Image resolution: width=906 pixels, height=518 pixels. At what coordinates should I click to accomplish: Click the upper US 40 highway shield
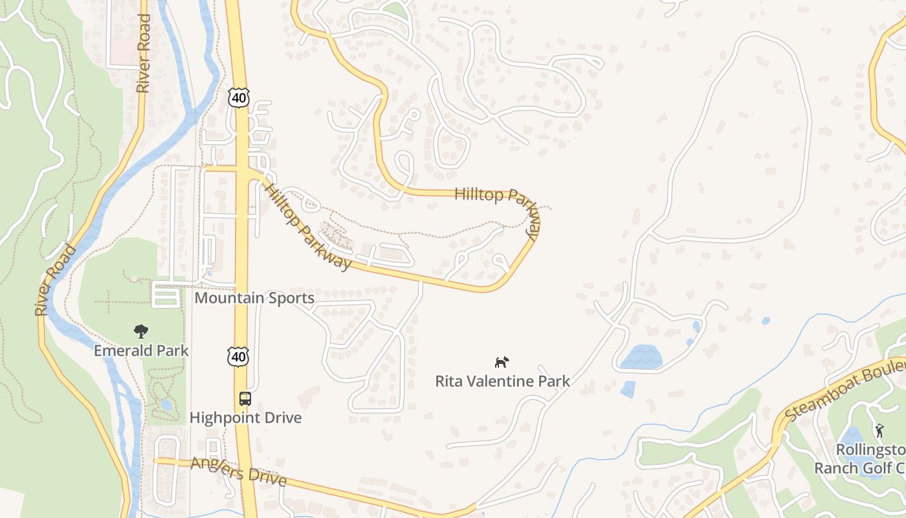click(x=238, y=98)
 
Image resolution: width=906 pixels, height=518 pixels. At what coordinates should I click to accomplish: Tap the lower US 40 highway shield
click(x=238, y=356)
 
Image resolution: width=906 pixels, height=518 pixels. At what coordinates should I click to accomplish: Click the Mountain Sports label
click(x=254, y=298)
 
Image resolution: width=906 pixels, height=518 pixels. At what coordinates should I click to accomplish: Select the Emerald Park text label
click(x=141, y=351)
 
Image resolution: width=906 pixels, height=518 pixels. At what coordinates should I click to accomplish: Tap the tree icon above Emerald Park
click(x=140, y=332)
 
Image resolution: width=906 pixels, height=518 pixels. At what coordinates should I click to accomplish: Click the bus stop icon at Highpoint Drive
click(x=245, y=399)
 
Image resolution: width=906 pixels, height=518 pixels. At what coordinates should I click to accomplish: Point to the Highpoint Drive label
click(x=245, y=418)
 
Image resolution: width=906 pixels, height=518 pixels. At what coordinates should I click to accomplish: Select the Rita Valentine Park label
click(x=502, y=381)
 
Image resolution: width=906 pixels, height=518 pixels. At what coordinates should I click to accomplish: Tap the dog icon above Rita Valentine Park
click(x=502, y=362)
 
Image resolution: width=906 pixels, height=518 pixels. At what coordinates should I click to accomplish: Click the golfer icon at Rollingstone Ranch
click(x=879, y=431)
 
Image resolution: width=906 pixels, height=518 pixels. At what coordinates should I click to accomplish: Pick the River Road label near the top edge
click(x=144, y=53)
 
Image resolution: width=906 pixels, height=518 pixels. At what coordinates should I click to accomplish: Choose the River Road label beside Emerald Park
click(x=56, y=280)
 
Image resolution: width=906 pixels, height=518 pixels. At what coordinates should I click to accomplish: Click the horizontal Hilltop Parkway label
click(x=496, y=195)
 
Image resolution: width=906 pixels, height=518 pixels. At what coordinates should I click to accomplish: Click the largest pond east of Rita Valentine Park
click(x=641, y=357)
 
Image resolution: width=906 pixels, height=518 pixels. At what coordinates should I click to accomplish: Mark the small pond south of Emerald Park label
click(x=166, y=405)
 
